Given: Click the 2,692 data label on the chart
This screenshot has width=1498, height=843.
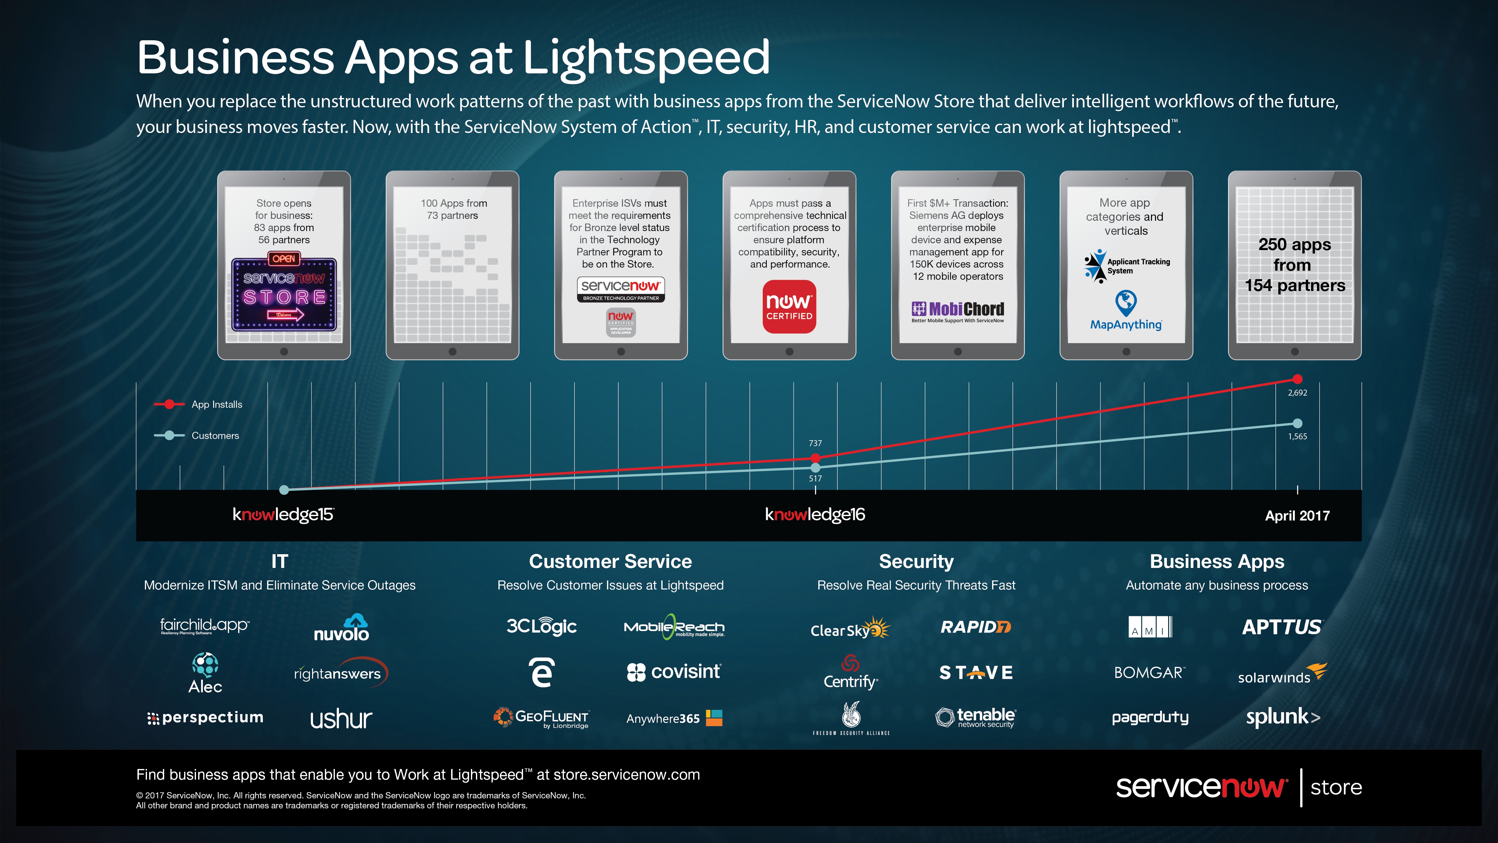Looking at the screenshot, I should click(x=1297, y=393).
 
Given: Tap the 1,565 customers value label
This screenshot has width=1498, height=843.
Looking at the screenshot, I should click(x=1297, y=436).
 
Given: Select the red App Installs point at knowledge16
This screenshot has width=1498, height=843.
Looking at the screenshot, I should click(x=815, y=458).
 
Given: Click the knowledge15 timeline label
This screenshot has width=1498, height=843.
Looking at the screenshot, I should click(x=283, y=514).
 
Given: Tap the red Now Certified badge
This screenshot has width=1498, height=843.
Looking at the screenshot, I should click(x=789, y=307).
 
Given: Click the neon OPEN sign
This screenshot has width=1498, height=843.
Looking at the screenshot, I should click(x=284, y=258).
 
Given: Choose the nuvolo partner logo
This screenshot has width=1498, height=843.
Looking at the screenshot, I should click(x=341, y=628).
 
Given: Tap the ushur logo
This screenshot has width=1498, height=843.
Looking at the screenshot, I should click(x=341, y=719).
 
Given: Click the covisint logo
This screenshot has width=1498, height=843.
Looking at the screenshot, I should click(x=674, y=672).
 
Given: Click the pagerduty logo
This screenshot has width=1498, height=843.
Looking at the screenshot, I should click(x=1150, y=717).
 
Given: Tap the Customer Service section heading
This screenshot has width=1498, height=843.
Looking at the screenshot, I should click(x=610, y=561).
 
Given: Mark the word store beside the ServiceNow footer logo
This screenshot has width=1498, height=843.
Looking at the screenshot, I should click(x=1336, y=787).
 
